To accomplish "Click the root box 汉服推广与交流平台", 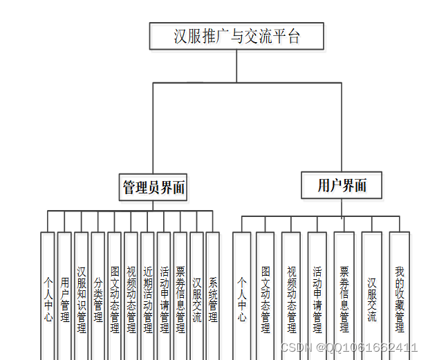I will point(236,36).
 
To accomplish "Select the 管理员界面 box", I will point(154,187).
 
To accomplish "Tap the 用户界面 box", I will point(342,185).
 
